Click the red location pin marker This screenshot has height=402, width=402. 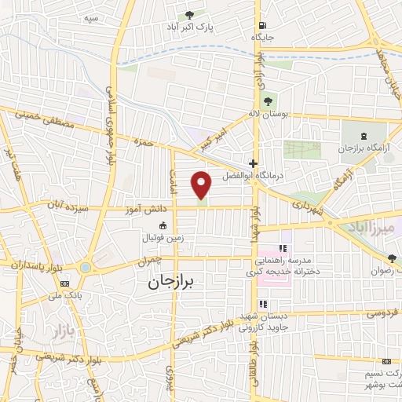tap(203, 185)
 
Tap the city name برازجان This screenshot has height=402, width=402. tap(174, 281)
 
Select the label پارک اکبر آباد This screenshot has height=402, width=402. tap(190, 27)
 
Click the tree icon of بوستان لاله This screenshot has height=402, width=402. tap(268, 101)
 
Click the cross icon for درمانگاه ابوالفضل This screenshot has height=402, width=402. tap(252, 164)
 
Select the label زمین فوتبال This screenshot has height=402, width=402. tap(163, 236)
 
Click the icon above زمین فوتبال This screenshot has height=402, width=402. tap(163, 225)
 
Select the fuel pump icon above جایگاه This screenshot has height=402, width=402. tap(261, 24)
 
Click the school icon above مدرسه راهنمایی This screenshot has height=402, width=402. tap(260, 248)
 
